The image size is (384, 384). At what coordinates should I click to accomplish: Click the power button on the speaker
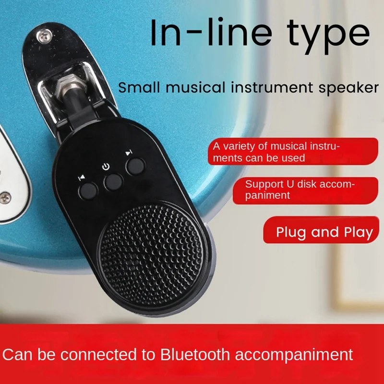tap(113, 182)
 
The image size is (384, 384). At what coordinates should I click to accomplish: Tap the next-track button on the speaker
tap(135, 167)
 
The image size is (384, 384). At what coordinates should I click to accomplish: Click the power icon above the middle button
tap(106, 167)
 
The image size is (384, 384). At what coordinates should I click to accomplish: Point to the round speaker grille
tap(152, 255)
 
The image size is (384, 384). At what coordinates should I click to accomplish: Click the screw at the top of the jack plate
tap(44, 36)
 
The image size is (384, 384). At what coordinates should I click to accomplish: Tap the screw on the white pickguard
tap(5, 198)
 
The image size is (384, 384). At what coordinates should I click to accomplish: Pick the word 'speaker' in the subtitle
tap(349, 88)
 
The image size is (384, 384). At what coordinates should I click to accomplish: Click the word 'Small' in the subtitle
tap(139, 87)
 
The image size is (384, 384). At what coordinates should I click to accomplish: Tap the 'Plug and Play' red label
tap(321, 230)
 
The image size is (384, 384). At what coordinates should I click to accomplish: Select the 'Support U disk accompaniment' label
tap(305, 190)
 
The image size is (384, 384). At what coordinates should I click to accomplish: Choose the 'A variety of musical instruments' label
tap(293, 151)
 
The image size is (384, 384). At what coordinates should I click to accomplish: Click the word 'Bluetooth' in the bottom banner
tap(195, 354)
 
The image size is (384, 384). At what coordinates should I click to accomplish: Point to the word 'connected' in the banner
tap(98, 354)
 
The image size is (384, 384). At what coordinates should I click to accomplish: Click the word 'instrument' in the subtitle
tap(272, 87)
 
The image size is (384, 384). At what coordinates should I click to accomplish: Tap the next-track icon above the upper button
tap(129, 153)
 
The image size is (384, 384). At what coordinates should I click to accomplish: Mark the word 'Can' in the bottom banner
tap(17, 354)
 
